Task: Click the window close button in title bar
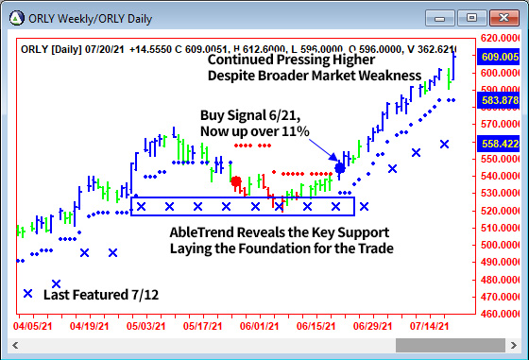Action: pyautogui.click(x=503, y=17)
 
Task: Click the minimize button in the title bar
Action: pyautogui.click(x=439, y=17)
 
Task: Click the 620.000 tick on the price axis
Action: pyautogui.click(x=502, y=38)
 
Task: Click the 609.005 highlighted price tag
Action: pyautogui.click(x=502, y=57)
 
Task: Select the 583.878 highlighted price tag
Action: pyautogui.click(x=502, y=100)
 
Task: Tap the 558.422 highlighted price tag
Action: pyautogui.click(x=502, y=144)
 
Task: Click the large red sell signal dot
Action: pyautogui.click(x=236, y=181)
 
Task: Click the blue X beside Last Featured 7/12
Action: pyautogui.click(x=27, y=295)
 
